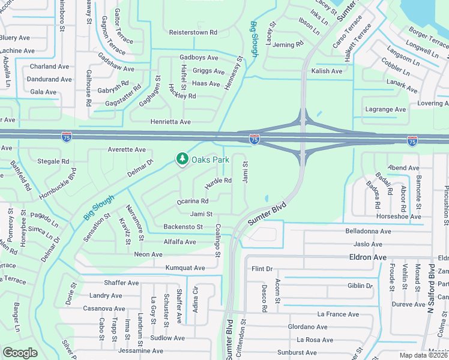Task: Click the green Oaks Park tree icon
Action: pos(182,159)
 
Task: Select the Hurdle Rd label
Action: pos(218,181)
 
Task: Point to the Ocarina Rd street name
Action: pos(192,202)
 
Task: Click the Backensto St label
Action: pos(183,227)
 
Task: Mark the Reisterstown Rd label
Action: pos(193,32)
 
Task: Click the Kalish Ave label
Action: pos(327,71)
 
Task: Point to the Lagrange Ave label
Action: pos(385,109)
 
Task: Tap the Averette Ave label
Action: pos(127,149)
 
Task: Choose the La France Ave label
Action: pos(338,314)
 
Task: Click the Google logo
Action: pos(20,353)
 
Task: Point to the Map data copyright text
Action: pos(424,355)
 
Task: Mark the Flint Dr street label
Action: pos(262,269)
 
